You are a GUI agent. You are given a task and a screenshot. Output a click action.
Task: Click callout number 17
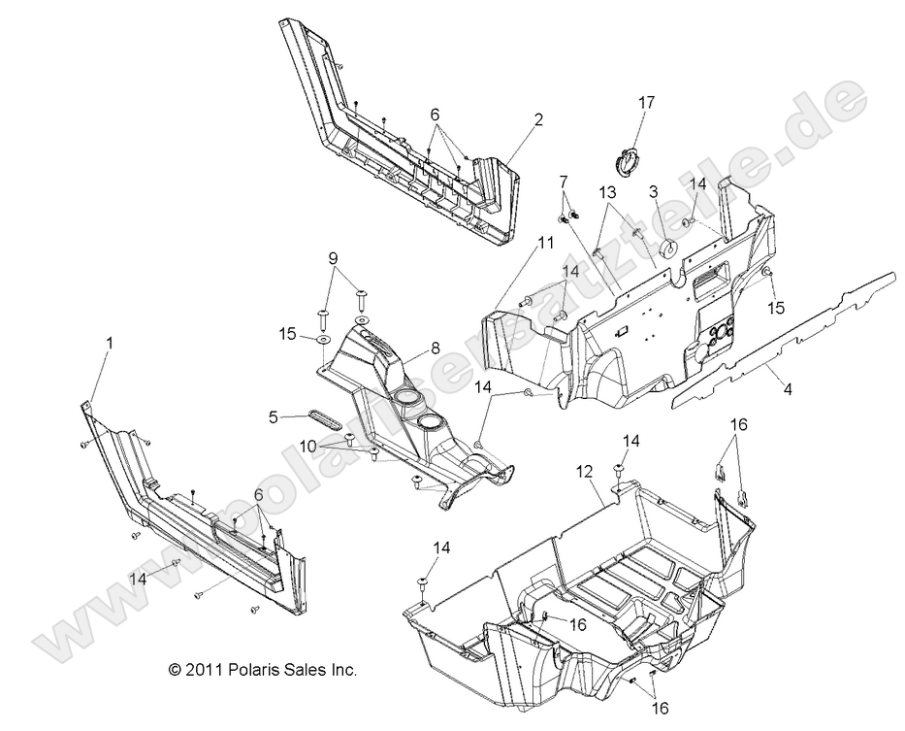click(646, 103)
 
